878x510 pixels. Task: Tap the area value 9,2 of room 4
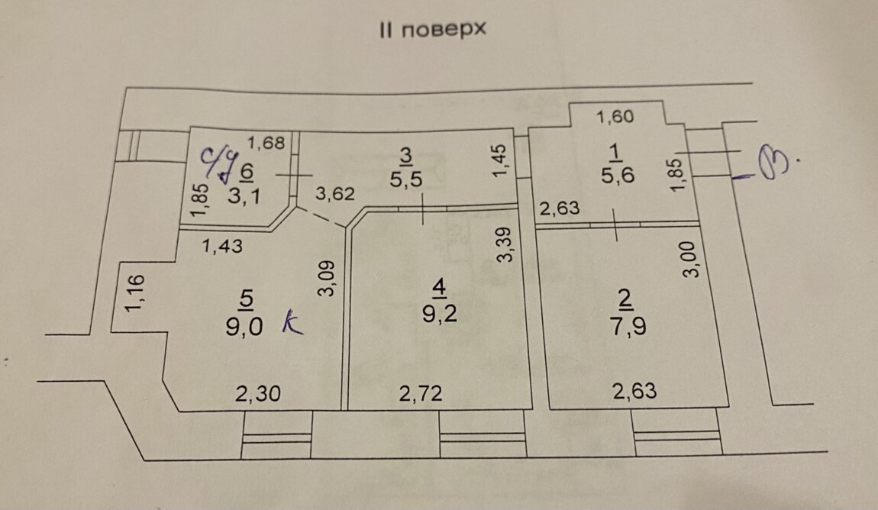pyautogui.click(x=440, y=314)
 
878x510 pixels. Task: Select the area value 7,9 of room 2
pyautogui.click(x=628, y=326)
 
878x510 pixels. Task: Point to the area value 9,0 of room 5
pyautogui.click(x=244, y=326)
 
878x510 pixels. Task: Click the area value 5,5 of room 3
pyautogui.click(x=406, y=179)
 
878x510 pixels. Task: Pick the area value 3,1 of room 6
pyautogui.click(x=244, y=196)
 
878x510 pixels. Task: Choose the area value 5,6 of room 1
pyautogui.click(x=618, y=176)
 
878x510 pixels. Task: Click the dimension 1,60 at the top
pyautogui.click(x=615, y=117)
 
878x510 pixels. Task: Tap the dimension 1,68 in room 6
pyautogui.click(x=266, y=144)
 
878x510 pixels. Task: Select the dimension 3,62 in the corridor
pyautogui.click(x=335, y=194)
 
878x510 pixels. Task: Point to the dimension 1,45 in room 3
pyautogui.click(x=499, y=160)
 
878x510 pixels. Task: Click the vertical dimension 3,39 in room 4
pyautogui.click(x=505, y=244)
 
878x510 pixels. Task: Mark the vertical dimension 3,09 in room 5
pyautogui.click(x=327, y=278)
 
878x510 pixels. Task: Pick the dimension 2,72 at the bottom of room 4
pyautogui.click(x=421, y=393)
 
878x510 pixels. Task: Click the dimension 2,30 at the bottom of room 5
pyautogui.click(x=257, y=393)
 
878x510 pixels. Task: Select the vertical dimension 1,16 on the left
pyautogui.click(x=135, y=292)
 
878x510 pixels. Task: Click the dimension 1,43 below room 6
pyautogui.click(x=222, y=246)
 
